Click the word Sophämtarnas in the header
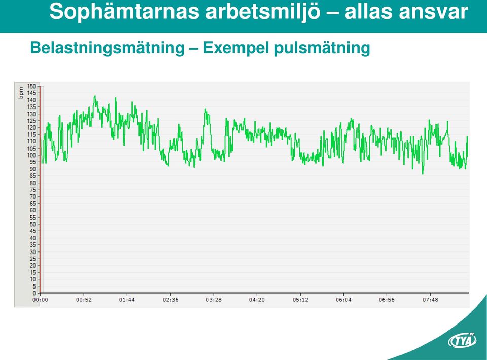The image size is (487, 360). point(124,12)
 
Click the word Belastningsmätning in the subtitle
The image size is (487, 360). point(108,48)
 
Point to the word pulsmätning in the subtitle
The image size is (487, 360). point(322,48)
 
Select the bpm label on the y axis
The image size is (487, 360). point(21,93)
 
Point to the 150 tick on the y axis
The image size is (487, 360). point(31,86)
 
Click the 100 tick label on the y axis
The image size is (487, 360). point(31,155)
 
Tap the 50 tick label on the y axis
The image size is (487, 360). point(32,224)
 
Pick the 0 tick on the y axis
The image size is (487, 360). point(34,293)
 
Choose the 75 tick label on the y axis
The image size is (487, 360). point(32,190)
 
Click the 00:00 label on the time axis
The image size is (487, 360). point(41,300)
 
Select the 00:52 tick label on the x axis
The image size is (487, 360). point(84,300)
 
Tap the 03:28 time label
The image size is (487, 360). point(214,300)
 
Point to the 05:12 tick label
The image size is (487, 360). point(300,300)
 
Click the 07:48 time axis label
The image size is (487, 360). point(430,300)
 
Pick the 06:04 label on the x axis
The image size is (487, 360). point(343,300)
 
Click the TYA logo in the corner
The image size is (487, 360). point(462,340)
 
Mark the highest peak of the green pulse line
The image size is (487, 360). point(95,96)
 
